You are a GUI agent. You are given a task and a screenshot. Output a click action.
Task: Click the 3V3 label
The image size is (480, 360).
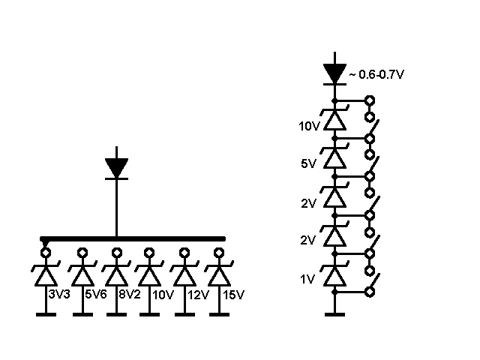[59, 295]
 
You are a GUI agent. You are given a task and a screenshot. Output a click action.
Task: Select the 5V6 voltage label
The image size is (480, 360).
[96, 295]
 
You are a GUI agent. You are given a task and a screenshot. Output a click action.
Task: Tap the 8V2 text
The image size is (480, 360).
[130, 295]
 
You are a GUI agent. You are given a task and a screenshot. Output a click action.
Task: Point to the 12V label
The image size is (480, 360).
[198, 295]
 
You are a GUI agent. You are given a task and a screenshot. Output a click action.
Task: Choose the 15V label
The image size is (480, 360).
[233, 295]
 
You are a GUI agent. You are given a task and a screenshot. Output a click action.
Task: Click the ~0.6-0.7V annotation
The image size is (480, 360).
[376, 74]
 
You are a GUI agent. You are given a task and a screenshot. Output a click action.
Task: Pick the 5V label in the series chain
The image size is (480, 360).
[308, 163]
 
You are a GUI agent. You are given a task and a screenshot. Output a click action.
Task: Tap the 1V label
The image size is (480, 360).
[307, 279]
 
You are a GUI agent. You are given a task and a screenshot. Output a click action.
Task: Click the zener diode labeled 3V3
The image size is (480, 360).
[46, 274]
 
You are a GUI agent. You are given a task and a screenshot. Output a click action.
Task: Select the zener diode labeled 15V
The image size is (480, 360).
[219, 274]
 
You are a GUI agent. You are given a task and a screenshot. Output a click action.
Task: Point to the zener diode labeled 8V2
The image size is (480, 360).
[117, 274]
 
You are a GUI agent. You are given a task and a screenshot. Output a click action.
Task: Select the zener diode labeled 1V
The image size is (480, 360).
[335, 274]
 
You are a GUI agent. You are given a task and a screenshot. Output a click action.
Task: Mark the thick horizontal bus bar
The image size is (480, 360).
[133, 238]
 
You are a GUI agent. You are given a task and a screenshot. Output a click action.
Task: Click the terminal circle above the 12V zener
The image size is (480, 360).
[184, 253]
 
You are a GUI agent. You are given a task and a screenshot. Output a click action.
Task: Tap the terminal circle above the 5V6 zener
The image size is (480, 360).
[82, 253]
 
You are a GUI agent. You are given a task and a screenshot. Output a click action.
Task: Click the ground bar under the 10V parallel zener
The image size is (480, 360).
[150, 314]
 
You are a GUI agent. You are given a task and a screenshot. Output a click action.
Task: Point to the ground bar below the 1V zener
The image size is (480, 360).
[335, 314]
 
